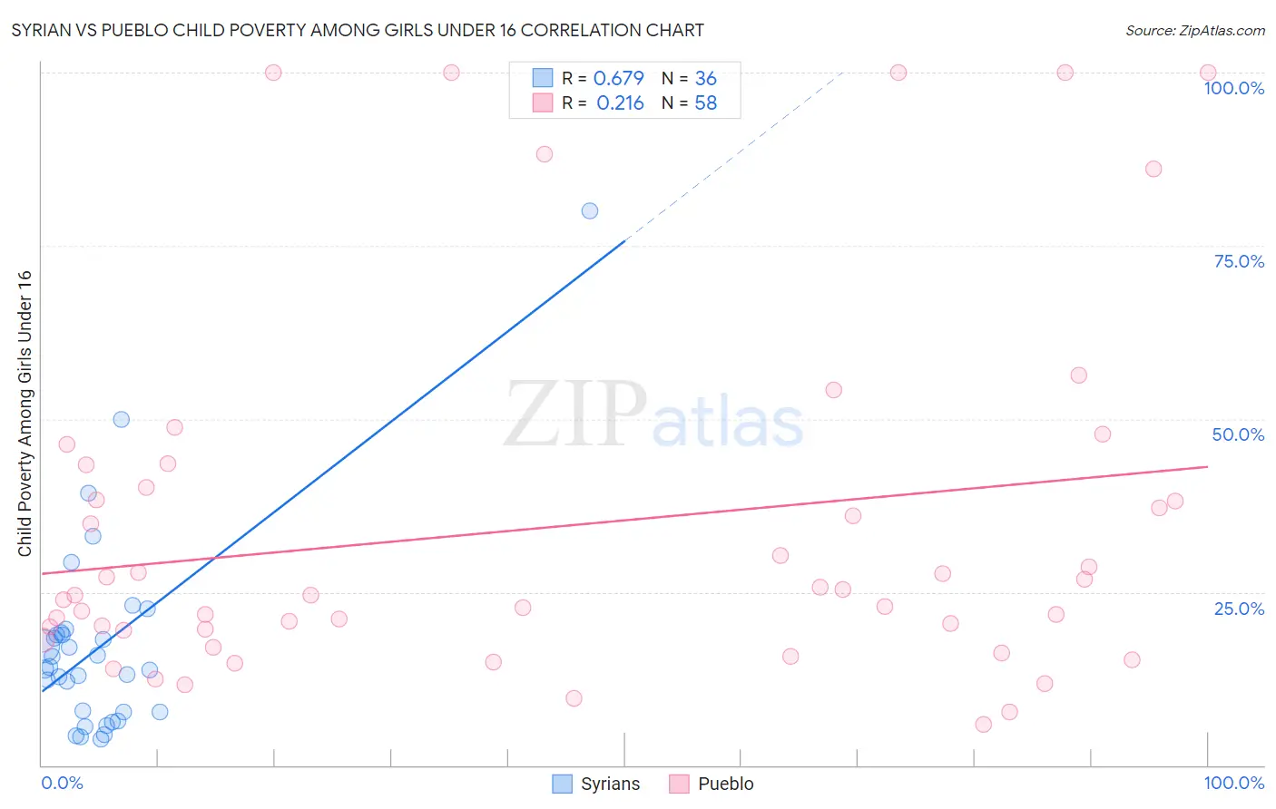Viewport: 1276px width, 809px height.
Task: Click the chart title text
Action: [358, 30]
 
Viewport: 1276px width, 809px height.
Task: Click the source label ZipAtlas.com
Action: [1194, 30]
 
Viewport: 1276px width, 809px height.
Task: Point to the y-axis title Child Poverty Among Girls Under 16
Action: [25, 414]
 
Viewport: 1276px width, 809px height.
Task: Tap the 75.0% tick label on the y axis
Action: [1239, 261]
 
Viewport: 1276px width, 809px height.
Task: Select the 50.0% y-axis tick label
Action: [1238, 434]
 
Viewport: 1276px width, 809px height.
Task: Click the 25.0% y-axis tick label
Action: [1239, 609]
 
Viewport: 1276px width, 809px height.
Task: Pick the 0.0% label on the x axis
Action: [62, 783]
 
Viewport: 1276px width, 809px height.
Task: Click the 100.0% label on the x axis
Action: [1233, 783]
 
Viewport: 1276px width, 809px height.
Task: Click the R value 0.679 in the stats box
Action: [618, 79]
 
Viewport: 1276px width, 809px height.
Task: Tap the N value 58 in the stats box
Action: [705, 103]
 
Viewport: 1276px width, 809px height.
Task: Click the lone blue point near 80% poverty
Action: [590, 211]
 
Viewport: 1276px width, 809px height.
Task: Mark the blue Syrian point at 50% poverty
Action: [121, 420]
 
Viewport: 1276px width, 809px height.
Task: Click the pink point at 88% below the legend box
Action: [545, 154]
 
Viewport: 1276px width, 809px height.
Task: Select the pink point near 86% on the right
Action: [1153, 169]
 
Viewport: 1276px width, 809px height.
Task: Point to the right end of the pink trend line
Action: [1207, 466]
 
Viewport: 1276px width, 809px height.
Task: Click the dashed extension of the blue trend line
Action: [735, 154]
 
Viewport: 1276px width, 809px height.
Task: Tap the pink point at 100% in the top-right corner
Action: [1208, 73]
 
